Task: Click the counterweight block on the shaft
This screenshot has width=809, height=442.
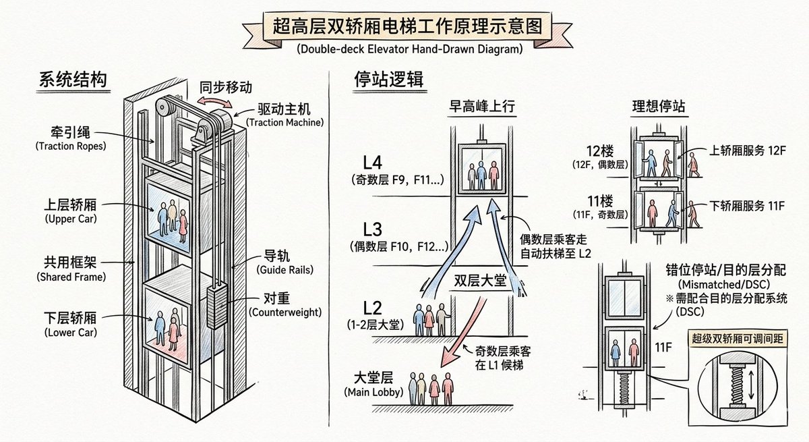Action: coord(216,307)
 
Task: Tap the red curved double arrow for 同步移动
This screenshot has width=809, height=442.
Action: coord(216,103)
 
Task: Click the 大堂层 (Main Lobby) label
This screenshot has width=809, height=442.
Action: coord(374,385)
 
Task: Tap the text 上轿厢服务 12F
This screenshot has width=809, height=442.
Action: coord(746,152)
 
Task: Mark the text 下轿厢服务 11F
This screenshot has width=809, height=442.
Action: coord(746,205)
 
